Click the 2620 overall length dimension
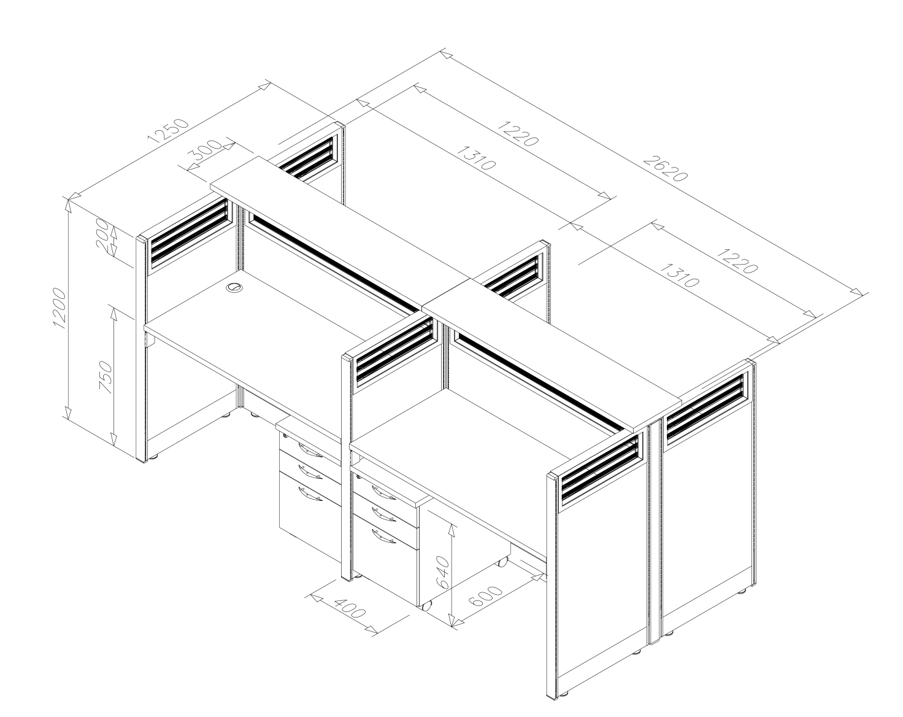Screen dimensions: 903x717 [665, 168]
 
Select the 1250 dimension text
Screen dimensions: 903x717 [169, 131]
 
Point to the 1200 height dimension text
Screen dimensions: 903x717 [59, 308]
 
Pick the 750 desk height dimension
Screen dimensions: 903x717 [106, 377]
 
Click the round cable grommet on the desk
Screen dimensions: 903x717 [234, 288]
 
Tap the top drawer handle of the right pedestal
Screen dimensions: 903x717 [383, 493]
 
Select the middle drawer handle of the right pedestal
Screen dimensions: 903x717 [383, 515]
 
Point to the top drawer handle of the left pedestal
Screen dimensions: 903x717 [310, 451]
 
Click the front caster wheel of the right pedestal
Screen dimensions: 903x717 [426, 606]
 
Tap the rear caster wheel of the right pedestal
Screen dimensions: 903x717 [503, 562]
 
